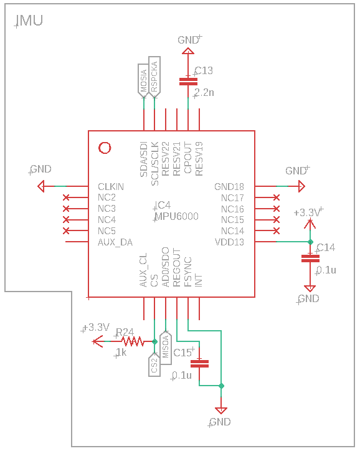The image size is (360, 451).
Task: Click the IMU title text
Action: click(x=29, y=22)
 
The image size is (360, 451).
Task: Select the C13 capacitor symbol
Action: click(x=188, y=80)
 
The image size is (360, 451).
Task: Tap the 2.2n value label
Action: click(x=204, y=93)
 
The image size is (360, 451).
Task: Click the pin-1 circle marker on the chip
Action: click(x=105, y=148)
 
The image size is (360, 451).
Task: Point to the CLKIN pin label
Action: click(x=111, y=187)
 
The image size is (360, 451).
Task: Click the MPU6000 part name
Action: click(x=177, y=216)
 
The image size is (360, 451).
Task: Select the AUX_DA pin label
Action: click(x=115, y=242)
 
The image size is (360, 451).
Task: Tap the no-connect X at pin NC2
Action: click(x=67, y=197)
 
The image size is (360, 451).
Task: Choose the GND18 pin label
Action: click(x=229, y=187)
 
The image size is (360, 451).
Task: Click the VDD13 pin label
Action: click(x=229, y=242)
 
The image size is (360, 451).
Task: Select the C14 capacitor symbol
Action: click(x=309, y=258)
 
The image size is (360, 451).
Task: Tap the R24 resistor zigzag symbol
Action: click(x=133, y=341)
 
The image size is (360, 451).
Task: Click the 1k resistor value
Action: click(x=121, y=353)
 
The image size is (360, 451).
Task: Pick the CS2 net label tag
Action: click(x=154, y=364)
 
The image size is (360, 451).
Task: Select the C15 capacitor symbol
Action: click(x=199, y=363)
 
